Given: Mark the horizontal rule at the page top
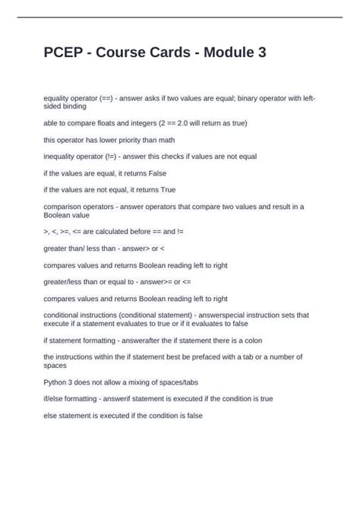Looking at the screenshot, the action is click(x=180, y=17).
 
